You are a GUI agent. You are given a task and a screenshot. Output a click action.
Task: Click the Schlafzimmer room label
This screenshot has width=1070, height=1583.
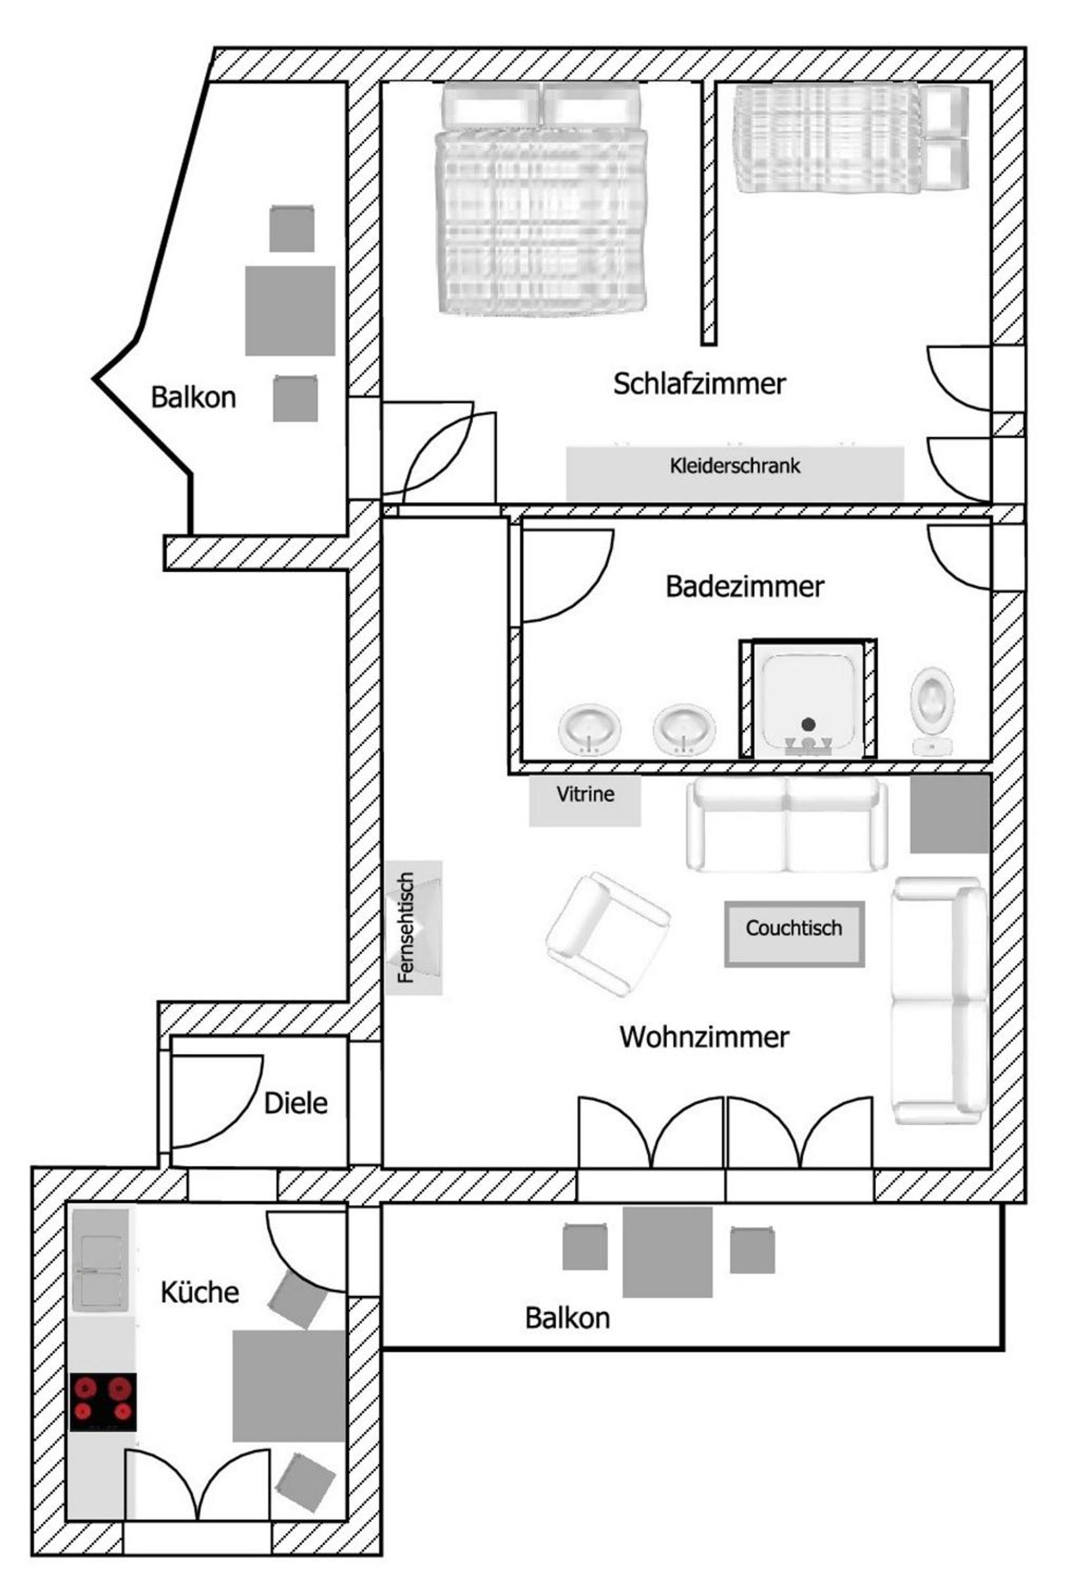(x=699, y=384)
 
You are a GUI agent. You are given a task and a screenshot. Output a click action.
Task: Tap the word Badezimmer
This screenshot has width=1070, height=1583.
(x=744, y=586)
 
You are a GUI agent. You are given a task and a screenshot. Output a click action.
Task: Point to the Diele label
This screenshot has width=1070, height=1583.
(x=295, y=1103)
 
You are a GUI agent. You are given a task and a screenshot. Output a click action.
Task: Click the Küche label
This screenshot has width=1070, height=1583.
(x=200, y=1292)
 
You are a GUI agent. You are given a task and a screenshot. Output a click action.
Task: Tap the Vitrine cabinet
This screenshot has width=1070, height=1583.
(x=585, y=800)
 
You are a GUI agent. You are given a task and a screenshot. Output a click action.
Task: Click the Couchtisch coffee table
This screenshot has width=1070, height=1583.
(x=794, y=934)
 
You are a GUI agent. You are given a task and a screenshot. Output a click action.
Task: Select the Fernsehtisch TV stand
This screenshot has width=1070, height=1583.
(x=413, y=928)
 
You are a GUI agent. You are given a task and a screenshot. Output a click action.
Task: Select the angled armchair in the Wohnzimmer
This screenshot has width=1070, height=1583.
(x=608, y=934)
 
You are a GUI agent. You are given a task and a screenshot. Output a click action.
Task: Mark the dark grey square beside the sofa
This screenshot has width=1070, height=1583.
(x=949, y=814)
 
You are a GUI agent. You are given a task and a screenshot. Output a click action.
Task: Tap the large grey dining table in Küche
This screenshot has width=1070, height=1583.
(x=290, y=1386)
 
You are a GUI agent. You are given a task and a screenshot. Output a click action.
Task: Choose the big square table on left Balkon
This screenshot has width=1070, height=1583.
(x=290, y=310)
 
